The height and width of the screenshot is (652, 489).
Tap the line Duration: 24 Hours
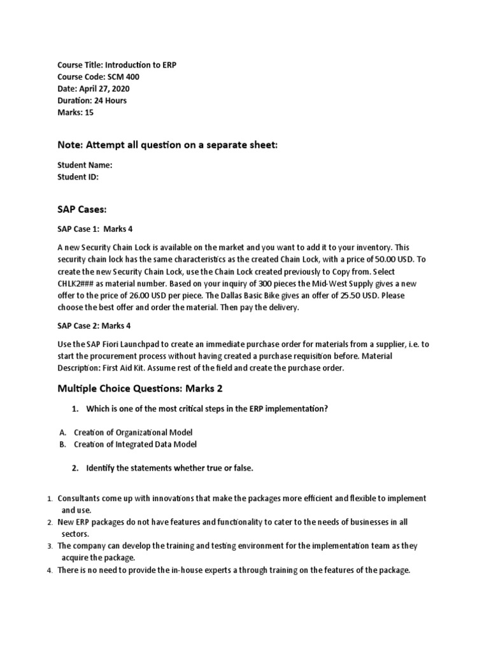(x=92, y=101)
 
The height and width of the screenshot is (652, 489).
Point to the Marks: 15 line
(x=75, y=112)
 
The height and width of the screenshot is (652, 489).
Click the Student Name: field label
(x=85, y=165)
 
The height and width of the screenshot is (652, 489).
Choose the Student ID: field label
(x=78, y=177)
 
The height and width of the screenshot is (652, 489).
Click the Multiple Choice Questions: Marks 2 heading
(x=140, y=388)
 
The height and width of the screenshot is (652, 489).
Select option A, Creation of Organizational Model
(x=132, y=432)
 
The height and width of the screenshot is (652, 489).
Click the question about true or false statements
(x=169, y=468)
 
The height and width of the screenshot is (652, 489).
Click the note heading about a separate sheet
(x=168, y=145)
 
